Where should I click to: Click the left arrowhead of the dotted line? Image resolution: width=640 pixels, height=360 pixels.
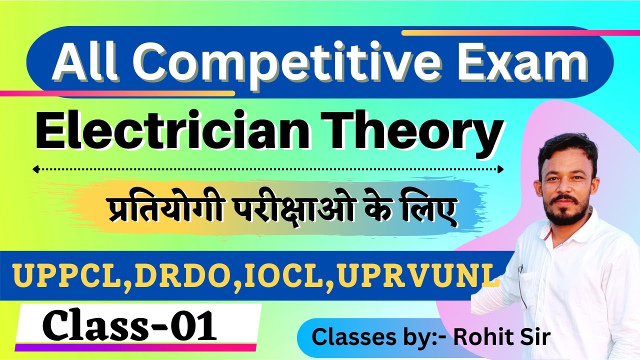pyautogui.click(x=35, y=169)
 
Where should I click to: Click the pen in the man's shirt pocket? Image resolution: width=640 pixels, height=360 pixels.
pyautogui.click(x=521, y=280)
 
